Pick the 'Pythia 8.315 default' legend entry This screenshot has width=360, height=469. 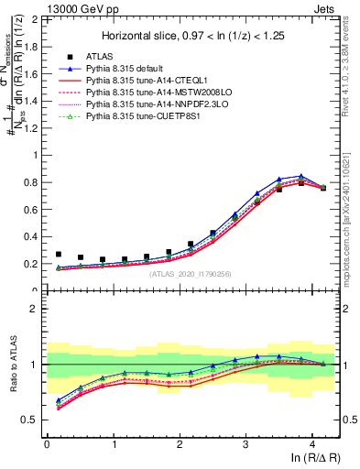coord(129,68)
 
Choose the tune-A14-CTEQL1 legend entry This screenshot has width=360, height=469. coord(146,81)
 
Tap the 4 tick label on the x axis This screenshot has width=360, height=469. coord(312,444)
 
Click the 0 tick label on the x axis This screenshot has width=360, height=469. coord(47,444)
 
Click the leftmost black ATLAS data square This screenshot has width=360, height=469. coord(59,255)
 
